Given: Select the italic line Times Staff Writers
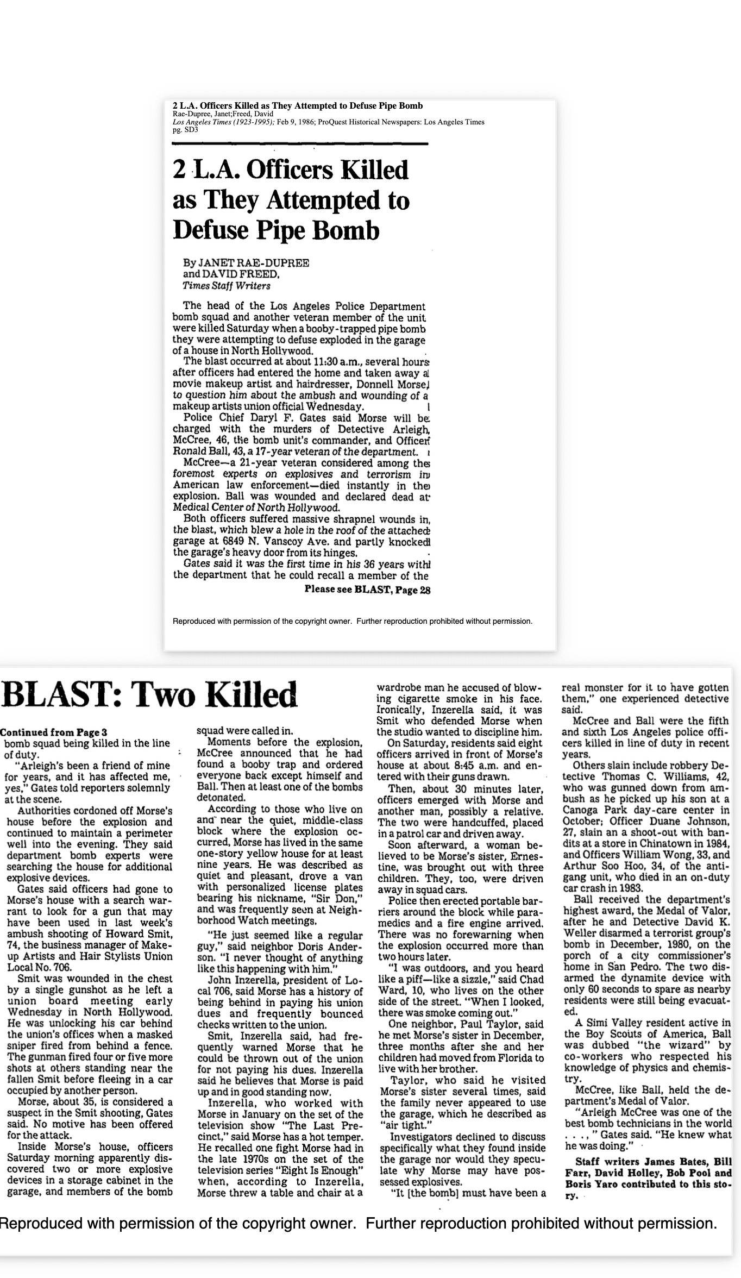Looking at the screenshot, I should pyautogui.click(x=227, y=286).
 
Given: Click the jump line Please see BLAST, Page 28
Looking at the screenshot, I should pyautogui.click(x=367, y=589).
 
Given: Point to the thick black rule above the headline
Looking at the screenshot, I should pyautogui.click(x=299, y=143).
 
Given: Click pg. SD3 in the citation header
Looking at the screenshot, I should pyautogui.click(x=185, y=130).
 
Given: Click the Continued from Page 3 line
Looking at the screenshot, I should pyautogui.click(x=53, y=732).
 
